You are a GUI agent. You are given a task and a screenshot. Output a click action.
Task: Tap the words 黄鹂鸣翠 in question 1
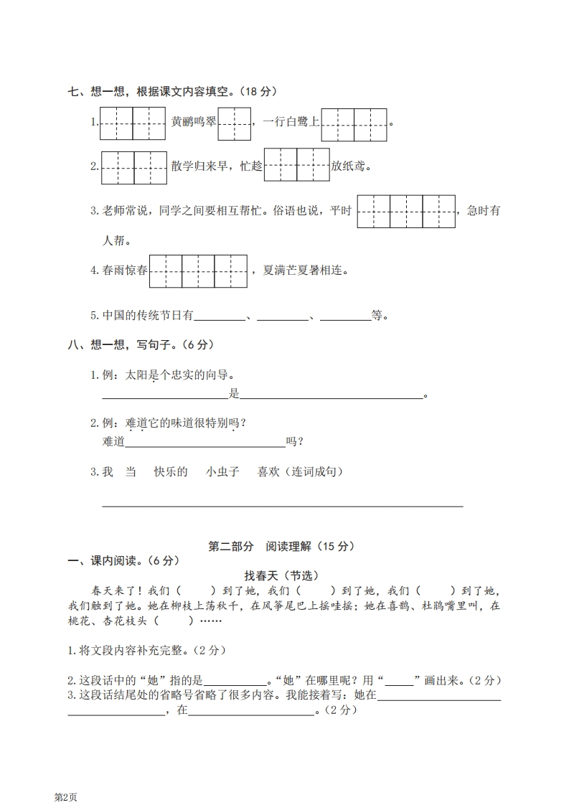pyautogui.click(x=194, y=122)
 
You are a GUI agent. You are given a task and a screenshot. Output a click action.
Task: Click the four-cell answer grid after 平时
pyautogui.click(x=406, y=211)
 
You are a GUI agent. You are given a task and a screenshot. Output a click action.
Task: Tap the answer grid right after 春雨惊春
pyautogui.click(x=198, y=270)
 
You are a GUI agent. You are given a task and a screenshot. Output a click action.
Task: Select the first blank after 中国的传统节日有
pyautogui.click(x=220, y=316)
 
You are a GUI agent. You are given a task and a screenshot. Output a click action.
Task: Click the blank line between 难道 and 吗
pyautogui.click(x=205, y=443)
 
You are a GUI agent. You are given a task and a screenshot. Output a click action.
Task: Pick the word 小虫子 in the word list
pyautogui.click(x=222, y=471)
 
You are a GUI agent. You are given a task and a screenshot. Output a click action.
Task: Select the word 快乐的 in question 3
pyautogui.click(x=171, y=471)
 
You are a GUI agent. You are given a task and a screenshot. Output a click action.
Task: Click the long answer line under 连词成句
pyautogui.click(x=282, y=504)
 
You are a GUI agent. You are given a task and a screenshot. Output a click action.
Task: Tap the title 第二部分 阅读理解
pyautogui.click(x=281, y=546)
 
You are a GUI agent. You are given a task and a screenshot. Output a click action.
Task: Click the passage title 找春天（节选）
pyautogui.click(x=281, y=575)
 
